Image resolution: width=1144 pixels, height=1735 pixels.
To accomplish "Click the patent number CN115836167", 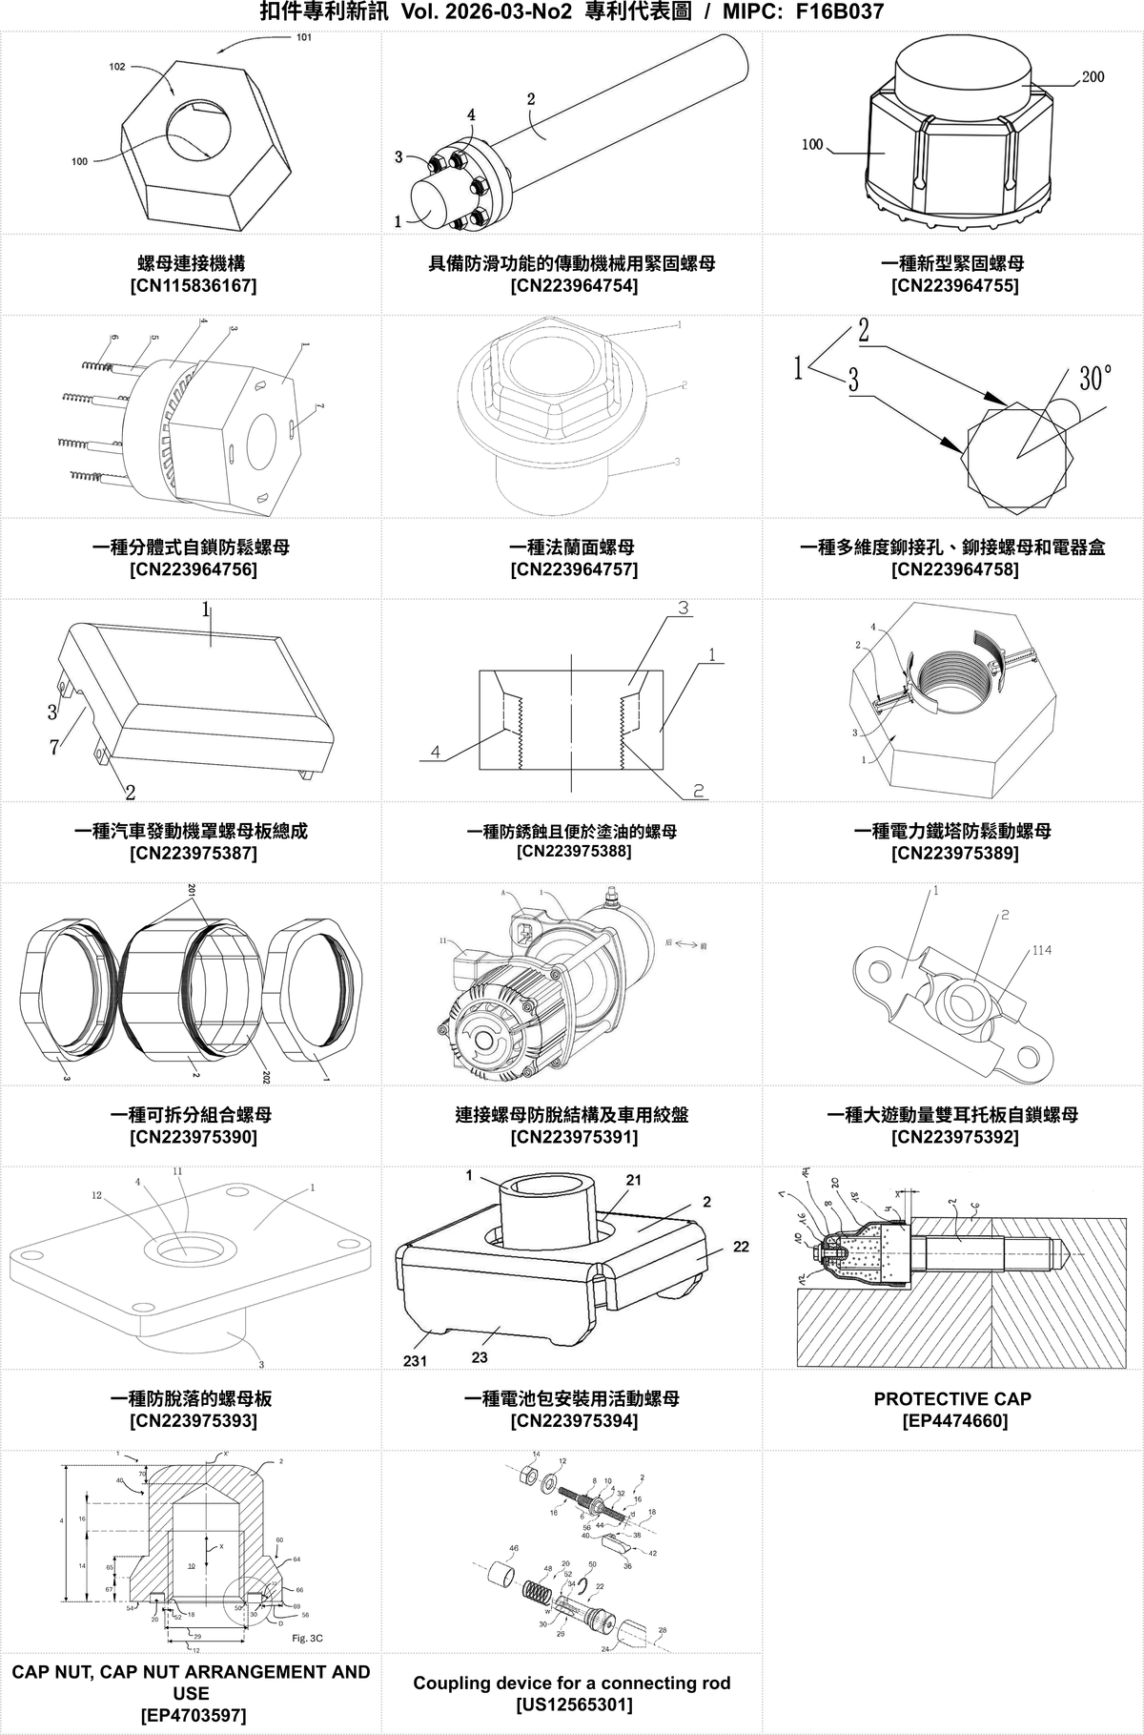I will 192,285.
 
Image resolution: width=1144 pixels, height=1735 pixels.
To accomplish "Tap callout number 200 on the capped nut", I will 1093,76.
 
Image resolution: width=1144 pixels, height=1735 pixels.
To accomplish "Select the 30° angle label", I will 1095,378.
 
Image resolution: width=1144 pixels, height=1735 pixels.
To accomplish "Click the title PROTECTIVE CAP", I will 952,1398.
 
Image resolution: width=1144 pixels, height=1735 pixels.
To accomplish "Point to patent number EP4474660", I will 953,1421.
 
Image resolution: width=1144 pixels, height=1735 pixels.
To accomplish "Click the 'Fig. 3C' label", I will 309,1638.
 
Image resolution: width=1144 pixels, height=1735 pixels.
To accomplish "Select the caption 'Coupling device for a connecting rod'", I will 572,1683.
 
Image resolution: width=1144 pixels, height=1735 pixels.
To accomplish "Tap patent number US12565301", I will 572,1704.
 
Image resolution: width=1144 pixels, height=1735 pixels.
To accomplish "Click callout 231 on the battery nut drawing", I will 414,1361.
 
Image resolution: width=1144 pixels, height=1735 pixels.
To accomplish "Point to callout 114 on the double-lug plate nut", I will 1041,950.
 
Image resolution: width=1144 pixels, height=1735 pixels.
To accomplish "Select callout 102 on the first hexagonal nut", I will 117,68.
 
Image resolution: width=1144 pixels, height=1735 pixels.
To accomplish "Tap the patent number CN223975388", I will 573,851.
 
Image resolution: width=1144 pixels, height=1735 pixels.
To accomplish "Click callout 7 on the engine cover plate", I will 54,747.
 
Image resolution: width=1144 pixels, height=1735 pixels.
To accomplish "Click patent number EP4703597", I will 192,1715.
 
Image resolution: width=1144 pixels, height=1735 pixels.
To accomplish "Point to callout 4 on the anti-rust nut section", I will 435,752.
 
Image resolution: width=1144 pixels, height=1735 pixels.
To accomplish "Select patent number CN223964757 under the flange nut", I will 573,569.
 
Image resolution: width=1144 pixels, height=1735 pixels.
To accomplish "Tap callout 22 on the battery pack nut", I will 741,1247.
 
